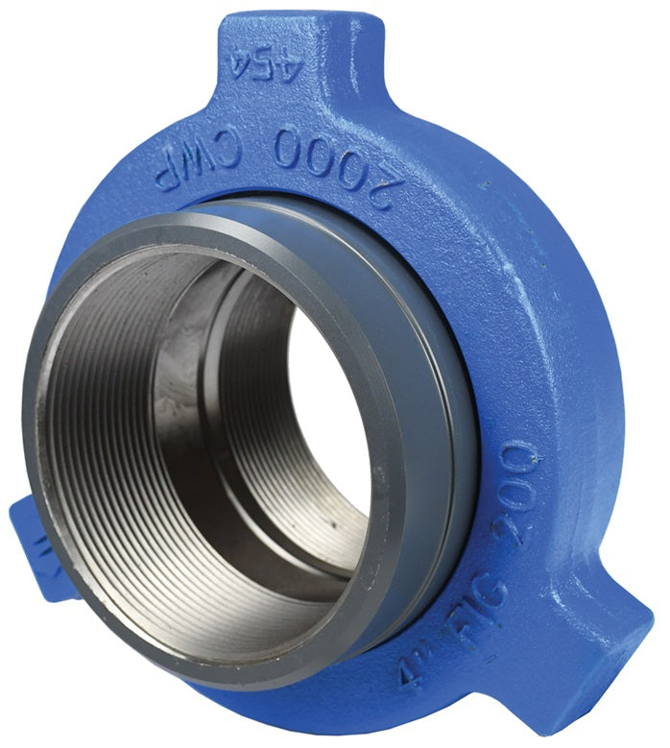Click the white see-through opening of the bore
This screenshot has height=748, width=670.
[322, 403]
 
